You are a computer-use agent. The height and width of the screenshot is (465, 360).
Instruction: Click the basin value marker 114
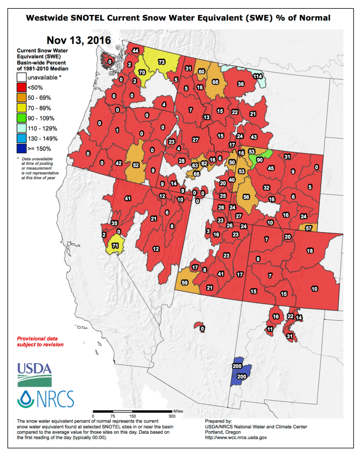point(258,76)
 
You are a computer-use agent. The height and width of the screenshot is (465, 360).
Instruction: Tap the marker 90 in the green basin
point(260,160)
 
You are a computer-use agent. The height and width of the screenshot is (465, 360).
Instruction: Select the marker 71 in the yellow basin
point(116,247)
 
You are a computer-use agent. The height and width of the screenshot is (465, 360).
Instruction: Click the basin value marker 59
point(185,282)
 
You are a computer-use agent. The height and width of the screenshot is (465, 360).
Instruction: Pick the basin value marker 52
point(136,165)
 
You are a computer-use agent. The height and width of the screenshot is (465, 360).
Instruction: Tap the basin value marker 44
point(135,50)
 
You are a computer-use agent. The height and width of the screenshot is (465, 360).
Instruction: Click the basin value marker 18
point(310,250)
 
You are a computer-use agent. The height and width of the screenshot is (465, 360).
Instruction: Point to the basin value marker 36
point(240,84)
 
